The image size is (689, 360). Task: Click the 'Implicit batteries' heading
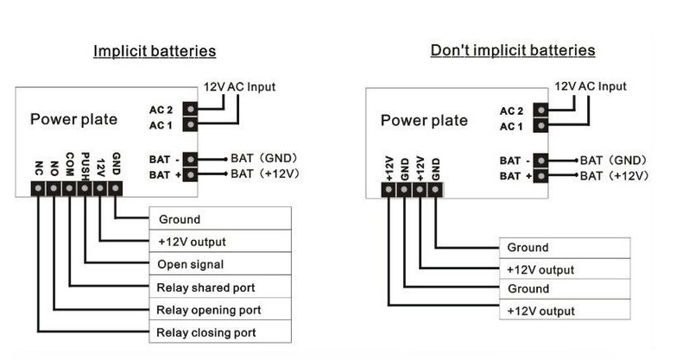tap(155, 51)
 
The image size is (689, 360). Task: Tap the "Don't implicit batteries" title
tap(513, 50)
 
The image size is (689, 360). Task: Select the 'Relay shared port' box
tap(220, 287)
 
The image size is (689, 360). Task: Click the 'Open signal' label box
tap(220, 263)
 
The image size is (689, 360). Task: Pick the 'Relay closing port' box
tap(220, 332)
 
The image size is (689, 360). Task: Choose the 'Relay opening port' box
tap(220, 309)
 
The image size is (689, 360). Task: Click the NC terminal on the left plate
tap(38, 188)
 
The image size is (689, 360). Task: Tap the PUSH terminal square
tap(85, 188)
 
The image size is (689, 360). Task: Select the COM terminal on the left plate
tap(69, 188)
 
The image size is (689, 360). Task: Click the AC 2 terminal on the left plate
tap(190, 109)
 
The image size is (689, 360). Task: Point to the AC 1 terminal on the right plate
tap(540, 126)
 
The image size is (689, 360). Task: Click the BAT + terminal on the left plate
tap(190, 174)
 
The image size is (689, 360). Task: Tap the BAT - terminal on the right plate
tap(540, 161)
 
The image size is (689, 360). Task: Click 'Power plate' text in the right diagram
tap(424, 121)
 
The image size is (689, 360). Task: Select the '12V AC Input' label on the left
tap(239, 86)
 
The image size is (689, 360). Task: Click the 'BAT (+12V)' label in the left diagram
tap(265, 174)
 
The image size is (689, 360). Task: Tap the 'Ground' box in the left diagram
tap(220, 218)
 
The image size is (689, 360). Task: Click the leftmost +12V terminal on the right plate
tap(389, 190)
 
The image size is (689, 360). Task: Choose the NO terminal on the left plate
tap(54, 188)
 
